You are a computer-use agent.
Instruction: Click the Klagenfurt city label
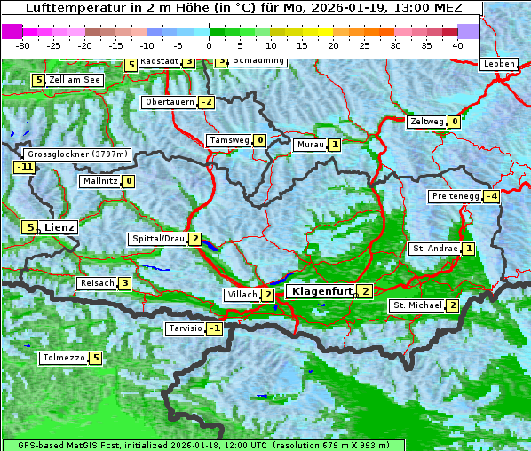[x=321, y=290]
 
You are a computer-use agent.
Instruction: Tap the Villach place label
[x=242, y=294]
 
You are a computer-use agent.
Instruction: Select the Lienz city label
[x=59, y=227]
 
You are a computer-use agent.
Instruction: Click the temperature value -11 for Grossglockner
[x=24, y=167]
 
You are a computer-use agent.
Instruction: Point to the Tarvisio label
[x=185, y=328]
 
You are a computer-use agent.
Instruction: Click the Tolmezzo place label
[x=63, y=359]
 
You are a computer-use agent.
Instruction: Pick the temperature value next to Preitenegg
[x=491, y=196]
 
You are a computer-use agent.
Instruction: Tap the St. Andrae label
[x=434, y=249]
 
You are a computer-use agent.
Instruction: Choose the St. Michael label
[x=417, y=305]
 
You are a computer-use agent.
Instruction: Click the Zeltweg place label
[x=426, y=122]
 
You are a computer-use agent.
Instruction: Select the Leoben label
[x=498, y=64]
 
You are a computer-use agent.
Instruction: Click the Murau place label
[x=310, y=144]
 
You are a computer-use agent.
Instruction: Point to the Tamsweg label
[x=229, y=140]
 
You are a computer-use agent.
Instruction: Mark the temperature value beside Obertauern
[x=206, y=102]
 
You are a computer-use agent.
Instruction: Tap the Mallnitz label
[x=99, y=181]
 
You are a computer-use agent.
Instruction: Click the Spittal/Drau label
[x=158, y=239]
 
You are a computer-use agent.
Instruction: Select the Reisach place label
[x=97, y=283]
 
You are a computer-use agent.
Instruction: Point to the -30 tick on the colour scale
[x=23, y=44]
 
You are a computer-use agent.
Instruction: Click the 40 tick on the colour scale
[x=457, y=44]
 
